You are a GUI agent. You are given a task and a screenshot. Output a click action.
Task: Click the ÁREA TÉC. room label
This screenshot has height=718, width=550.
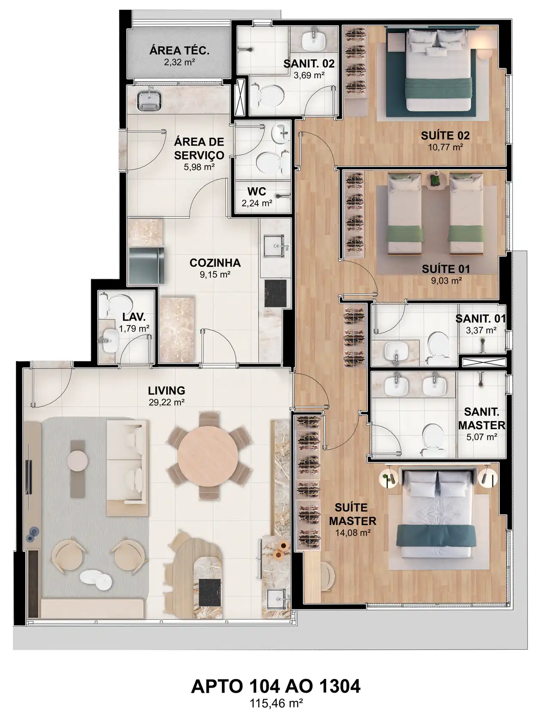[x=180, y=51]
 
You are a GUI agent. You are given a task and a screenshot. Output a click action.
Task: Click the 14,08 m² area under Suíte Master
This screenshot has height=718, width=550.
[x=353, y=532]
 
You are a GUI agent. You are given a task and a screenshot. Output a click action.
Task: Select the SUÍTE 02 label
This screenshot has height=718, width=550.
[x=446, y=136]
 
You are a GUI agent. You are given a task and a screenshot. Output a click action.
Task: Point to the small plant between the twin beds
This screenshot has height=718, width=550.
[x=435, y=180]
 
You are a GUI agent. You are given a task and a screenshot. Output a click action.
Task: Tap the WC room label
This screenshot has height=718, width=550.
[x=257, y=191]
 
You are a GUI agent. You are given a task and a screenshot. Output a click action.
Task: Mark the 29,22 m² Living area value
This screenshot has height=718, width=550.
[x=166, y=403]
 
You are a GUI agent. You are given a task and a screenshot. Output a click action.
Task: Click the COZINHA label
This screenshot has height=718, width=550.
[x=215, y=263]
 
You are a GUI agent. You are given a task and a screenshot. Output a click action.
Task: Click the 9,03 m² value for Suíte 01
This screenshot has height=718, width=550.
[x=445, y=281]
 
